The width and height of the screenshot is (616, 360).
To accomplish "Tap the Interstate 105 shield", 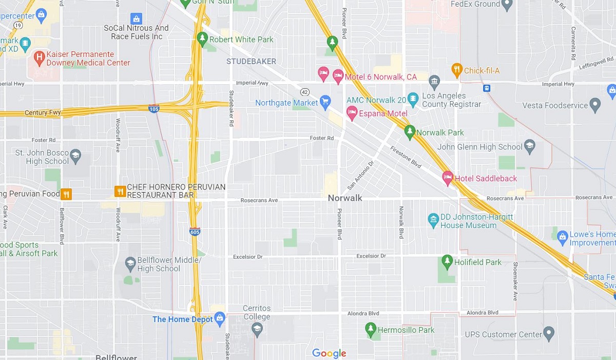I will tap(154, 108).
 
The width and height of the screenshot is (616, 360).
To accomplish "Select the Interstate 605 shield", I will tap(195, 232).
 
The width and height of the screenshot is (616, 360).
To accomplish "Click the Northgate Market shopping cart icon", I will tap(325, 102).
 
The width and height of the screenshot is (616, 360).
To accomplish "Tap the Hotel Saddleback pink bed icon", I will tap(447, 178).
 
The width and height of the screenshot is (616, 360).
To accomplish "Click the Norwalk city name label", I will tap(345, 198).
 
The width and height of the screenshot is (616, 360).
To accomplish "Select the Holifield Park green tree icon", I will tap(447, 261).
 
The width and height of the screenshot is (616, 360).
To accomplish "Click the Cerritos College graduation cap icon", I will tap(258, 329).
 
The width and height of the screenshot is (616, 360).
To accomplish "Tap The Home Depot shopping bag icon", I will tap(220, 318).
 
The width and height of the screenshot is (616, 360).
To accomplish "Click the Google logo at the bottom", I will tap(329, 353).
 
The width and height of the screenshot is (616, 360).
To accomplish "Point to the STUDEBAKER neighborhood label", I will tap(252, 61).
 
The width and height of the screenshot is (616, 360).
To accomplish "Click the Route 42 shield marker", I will tap(305, 92).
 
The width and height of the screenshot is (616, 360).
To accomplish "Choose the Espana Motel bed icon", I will tap(352, 112).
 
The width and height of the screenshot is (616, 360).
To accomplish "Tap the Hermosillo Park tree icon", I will tap(371, 329).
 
